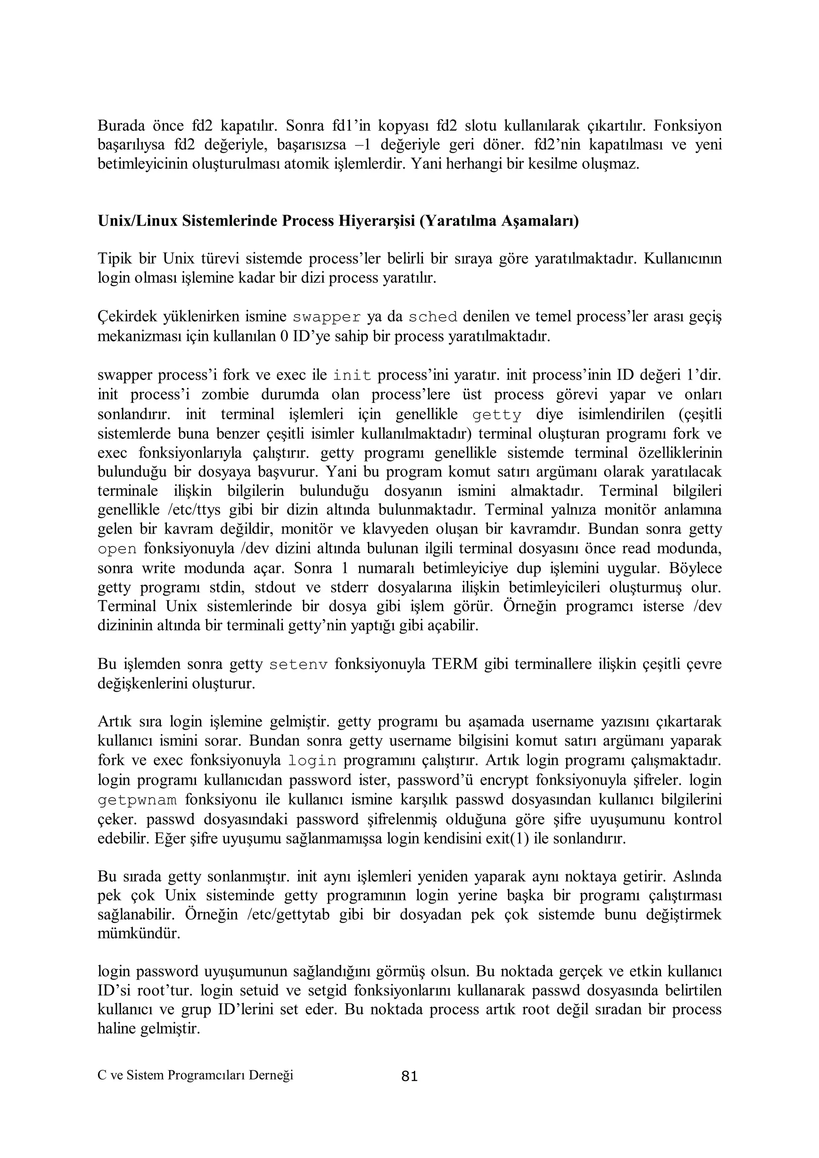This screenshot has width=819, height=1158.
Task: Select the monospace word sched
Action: (433, 317)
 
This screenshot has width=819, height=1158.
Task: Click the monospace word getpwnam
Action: (137, 800)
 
